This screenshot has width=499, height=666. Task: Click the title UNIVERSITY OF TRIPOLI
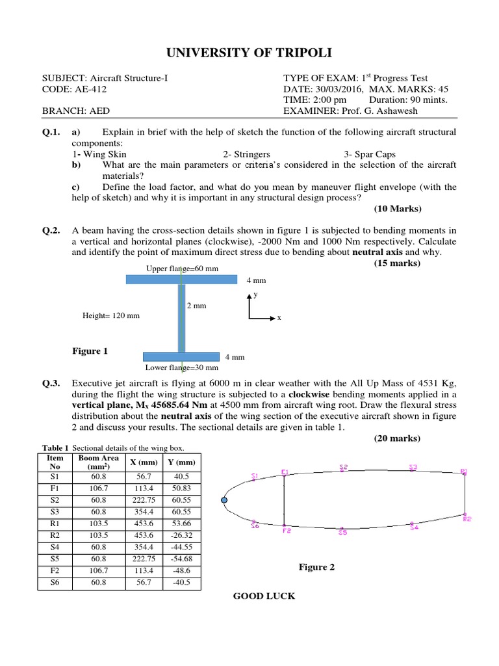tap(249, 53)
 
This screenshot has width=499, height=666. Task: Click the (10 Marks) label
tap(397, 209)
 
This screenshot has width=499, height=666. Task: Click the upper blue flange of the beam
tap(181, 279)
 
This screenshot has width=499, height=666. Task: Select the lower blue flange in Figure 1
tap(181, 356)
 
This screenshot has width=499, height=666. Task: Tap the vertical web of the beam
tap(181, 317)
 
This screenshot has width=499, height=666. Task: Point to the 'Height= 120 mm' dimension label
tap(111, 315)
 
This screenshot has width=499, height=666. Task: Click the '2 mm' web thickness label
tap(197, 304)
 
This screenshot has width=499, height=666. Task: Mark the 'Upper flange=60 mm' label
tap(177, 268)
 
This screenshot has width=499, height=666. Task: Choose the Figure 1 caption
tap(90, 351)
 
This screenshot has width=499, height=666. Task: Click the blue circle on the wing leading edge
tap(224, 500)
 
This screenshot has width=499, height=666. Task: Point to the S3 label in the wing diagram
tap(413, 467)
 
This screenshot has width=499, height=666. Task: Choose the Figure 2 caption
tap(316, 567)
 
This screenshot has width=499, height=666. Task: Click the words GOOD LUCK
tap(264, 596)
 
